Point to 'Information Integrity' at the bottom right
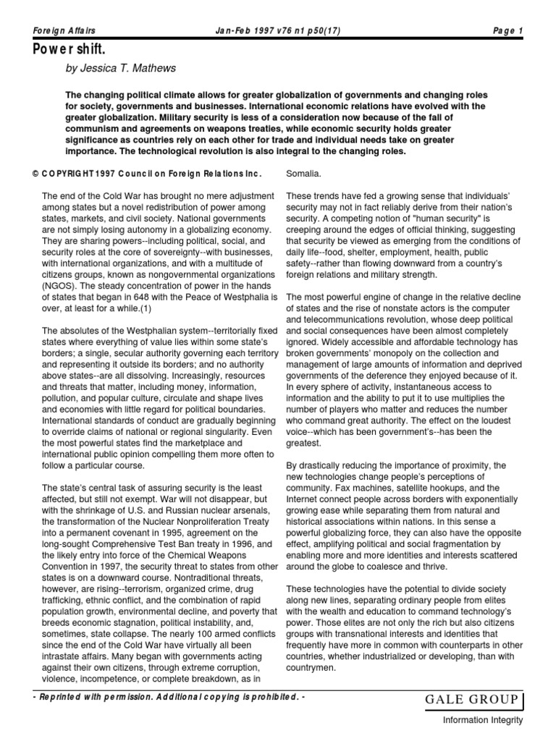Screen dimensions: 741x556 pos(483,721)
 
